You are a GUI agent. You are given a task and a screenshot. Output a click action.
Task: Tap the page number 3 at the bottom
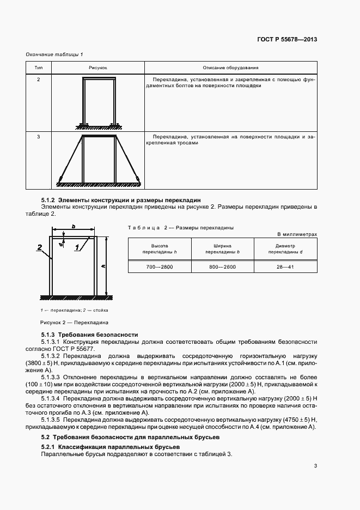click(x=315, y=465)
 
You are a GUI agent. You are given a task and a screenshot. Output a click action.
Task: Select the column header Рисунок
click(x=97, y=68)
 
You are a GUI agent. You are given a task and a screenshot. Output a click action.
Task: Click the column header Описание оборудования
click(x=230, y=68)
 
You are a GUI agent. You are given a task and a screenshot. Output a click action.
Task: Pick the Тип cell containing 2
click(x=38, y=80)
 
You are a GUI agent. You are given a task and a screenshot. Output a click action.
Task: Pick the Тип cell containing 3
click(x=38, y=136)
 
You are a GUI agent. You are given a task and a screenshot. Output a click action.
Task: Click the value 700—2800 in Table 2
click(x=159, y=266)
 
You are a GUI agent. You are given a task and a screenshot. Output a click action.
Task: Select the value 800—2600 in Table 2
click(x=222, y=266)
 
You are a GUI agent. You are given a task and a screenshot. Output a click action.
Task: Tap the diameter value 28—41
click(x=285, y=266)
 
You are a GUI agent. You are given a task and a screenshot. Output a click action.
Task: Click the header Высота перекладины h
click(x=159, y=249)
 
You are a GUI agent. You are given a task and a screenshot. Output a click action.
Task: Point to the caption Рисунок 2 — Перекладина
click(x=74, y=322)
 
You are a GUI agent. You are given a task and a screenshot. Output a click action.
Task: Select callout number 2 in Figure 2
click(x=40, y=247)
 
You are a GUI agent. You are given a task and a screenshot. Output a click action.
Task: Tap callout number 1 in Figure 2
click(x=77, y=247)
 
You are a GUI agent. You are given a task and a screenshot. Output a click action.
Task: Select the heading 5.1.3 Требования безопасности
click(x=90, y=334)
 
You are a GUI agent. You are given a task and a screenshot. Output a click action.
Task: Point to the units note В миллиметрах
click(x=297, y=234)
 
